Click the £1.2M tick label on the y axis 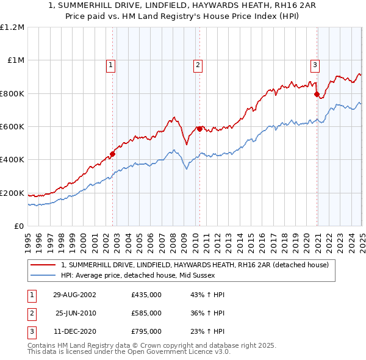pos(12,27)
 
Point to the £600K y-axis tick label pos(12,127)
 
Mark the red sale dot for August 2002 pos(113,154)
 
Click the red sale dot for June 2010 pos(200,129)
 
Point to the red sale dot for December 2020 pos(317,95)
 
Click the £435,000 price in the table pos(146,295)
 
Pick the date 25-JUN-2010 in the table pos(76,313)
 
